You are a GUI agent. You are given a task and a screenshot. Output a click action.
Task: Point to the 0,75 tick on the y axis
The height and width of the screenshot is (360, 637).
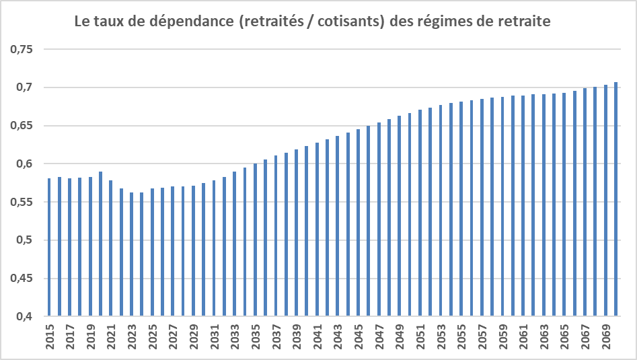tap(26, 50)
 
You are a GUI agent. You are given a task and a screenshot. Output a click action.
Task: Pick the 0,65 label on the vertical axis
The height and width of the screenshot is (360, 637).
tap(26, 126)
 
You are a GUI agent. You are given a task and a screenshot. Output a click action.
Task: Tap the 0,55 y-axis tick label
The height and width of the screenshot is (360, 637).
tap(26, 202)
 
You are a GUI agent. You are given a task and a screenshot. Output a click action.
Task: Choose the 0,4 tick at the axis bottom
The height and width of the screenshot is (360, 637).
tap(30, 316)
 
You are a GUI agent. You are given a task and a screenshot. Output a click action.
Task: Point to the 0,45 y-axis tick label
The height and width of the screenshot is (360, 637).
tap(26, 279)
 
